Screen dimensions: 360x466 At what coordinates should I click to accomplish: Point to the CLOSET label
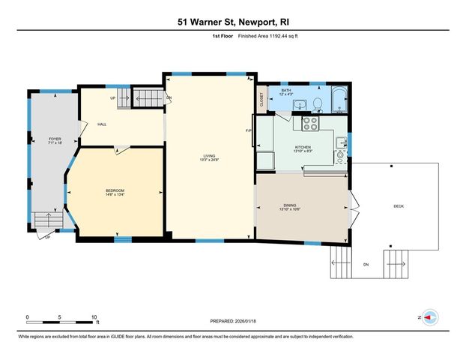click(x=261, y=100)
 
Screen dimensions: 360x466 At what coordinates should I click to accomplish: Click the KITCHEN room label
click(x=303, y=147)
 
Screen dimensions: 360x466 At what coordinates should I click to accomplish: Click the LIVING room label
click(x=208, y=156)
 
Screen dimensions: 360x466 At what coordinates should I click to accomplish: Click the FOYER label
click(x=55, y=139)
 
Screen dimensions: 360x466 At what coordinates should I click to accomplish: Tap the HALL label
click(x=100, y=124)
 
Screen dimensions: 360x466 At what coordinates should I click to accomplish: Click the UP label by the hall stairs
click(x=112, y=98)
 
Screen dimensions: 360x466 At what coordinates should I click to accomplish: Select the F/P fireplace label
click(x=249, y=131)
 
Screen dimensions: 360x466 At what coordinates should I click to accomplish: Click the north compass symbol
click(x=429, y=317)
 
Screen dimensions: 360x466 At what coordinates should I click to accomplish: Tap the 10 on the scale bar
click(x=94, y=317)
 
